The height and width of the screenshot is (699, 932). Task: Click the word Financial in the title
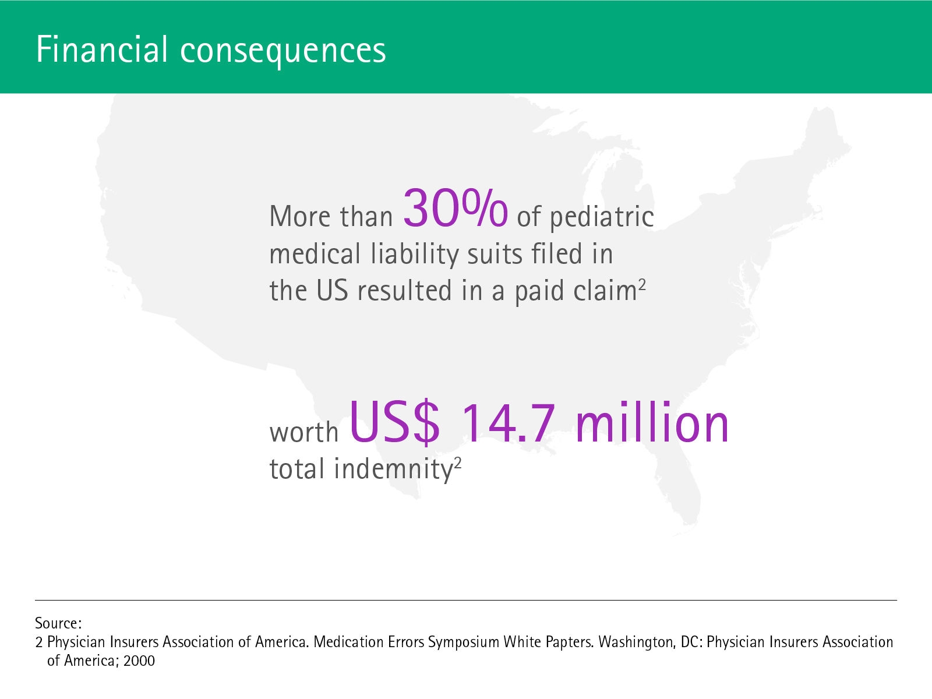pyautogui.click(x=102, y=50)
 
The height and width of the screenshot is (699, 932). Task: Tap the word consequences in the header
pyautogui.click(x=283, y=52)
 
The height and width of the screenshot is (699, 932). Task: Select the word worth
pyautogui.click(x=304, y=432)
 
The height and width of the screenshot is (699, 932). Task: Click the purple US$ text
pyautogui.click(x=394, y=422)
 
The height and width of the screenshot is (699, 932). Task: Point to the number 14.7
pyautogui.click(x=509, y=423)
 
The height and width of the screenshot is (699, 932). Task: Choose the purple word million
pyautogui.click(x=652, y=421)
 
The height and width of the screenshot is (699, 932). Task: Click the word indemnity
pyautogui.click(x=393, y=470)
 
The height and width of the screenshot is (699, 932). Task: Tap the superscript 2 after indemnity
pyautogui.click(x=457, y=462)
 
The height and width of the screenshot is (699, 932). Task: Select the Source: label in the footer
pyautogui.click(x=58, y=623)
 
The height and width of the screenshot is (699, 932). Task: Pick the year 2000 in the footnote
pyautogui.click(x=139, y=661)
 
